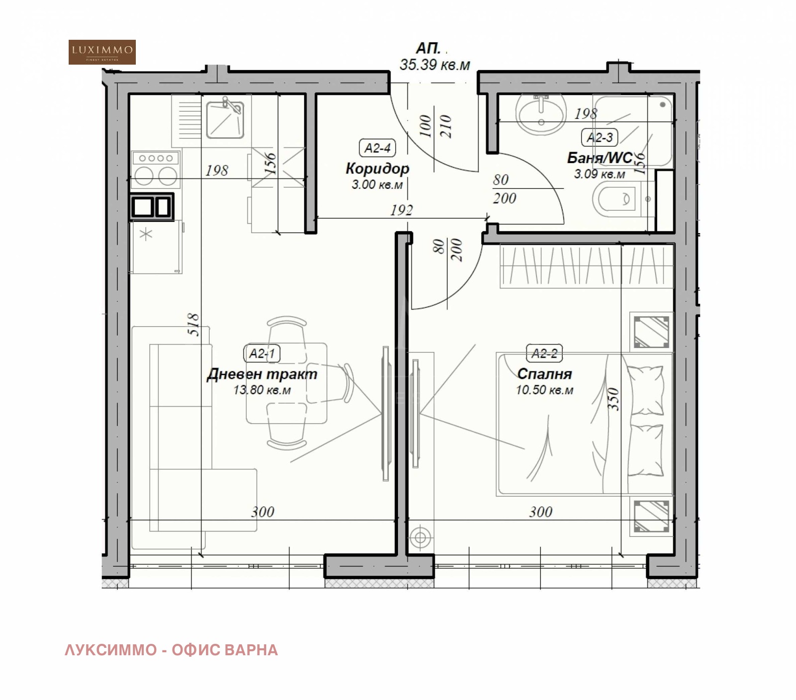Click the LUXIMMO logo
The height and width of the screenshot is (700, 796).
pos(102,52)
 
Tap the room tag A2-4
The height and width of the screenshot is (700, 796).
pos(378,148)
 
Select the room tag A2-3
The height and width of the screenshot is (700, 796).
pos(599,138)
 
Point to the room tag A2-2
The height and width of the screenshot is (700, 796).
pos(544,353)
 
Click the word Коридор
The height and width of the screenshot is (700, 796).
pos(377,169)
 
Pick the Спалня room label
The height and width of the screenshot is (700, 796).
pos(544,374)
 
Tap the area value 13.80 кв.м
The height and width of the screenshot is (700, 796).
pos(262,390)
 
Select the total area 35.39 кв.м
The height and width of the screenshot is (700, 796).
pos(435,65)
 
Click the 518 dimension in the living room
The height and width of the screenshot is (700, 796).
pos(194,324)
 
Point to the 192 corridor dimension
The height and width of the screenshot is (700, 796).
pos(401,210)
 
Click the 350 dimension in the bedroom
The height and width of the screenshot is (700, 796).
pos(614,399)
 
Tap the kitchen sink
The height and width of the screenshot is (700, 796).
pos(225,119)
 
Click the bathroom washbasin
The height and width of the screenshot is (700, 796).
pos(541,114)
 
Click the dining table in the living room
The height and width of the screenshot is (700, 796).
pos(287,383)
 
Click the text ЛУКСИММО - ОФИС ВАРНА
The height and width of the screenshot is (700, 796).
pos(171,650)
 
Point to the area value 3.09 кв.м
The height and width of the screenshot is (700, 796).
pos(599,174)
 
